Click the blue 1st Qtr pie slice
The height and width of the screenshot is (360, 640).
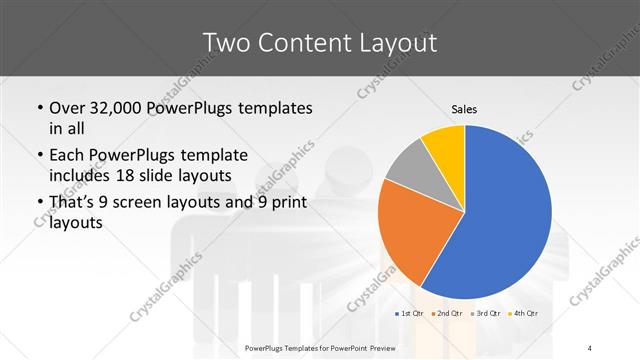(505, 215)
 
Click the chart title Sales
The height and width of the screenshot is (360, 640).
(463, 108)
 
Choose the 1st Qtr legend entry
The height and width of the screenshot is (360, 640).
(411, 314)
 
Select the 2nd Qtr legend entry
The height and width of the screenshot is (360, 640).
(447, 314)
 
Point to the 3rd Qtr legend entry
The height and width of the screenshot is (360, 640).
(485, 314)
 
